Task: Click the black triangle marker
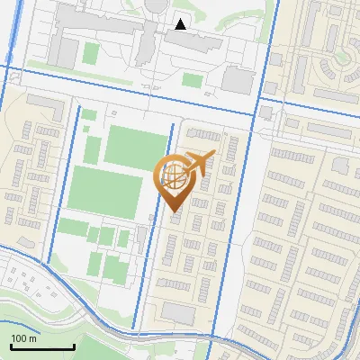coord(181,24)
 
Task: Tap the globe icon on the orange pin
coord(174,178)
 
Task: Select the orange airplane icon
coord(198,163)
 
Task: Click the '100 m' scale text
coord(23,338)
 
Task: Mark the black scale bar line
coord(42,347)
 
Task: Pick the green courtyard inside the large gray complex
coord(91,52)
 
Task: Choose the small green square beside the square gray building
coord(192,80)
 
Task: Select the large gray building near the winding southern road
coord(178,313)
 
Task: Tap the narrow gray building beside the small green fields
coord(141,238)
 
